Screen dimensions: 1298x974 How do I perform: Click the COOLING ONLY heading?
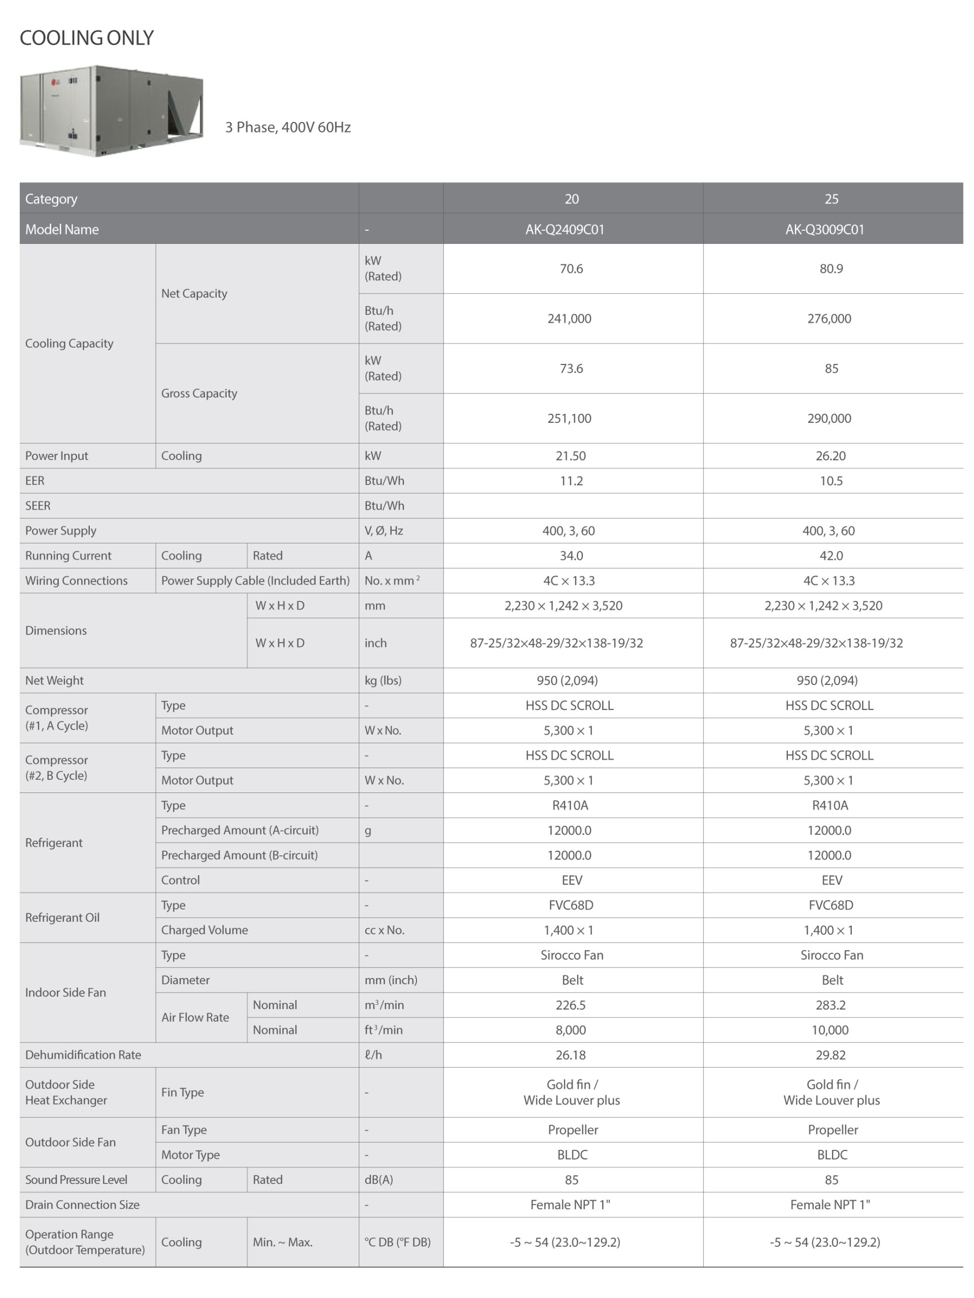click(86, 38)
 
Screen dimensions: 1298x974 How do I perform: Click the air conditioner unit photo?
click(111, 111)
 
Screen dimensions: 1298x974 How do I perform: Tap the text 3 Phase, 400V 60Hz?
click(288, 127)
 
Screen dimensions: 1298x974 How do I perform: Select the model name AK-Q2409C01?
click(564, 230)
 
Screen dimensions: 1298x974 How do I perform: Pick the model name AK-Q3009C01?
click(824, 230)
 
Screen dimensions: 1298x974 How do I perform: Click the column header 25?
click(831, 199)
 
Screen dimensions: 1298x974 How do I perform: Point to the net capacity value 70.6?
click(571, 269)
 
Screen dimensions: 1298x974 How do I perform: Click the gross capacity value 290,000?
click(828, 418)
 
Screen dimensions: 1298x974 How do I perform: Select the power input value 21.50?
click(570, 456)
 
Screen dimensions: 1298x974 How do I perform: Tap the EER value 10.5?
click(831, 481)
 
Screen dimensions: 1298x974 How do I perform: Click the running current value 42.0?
click(831, 556)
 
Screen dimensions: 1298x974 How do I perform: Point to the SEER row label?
click(38, 506)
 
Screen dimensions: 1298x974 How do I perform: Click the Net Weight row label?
click(54, 680)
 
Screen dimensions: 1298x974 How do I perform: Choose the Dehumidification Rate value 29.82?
click(830, 1055)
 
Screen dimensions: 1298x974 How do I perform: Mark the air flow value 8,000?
click(570, 1030)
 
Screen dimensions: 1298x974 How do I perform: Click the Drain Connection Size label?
click(82, 1205)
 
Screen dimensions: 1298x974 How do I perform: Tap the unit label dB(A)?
click(378, 1179)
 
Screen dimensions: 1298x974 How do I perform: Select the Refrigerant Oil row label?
click(62, 918)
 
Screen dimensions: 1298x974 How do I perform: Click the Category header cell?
click(51, 199)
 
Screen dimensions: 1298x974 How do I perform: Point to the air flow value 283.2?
click(830, 1005)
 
